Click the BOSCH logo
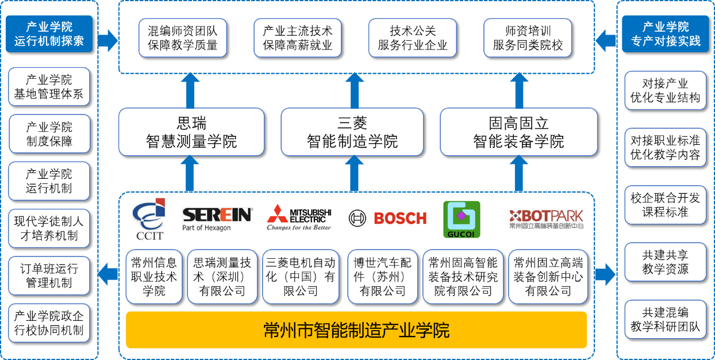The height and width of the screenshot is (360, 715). [x=387, y=218]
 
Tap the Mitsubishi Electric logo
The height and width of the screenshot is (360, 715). [x=298, y=216]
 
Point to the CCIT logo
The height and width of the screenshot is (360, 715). [x=148, y=219]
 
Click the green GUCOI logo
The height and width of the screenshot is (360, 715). [x=461, y=219]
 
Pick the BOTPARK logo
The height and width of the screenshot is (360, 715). [x=546, y=220]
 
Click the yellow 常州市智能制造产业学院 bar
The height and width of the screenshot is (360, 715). [x=356, y=330]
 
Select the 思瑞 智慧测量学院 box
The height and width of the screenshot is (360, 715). [x=191, y=132]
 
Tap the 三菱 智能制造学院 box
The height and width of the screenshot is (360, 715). [x=352, y=132]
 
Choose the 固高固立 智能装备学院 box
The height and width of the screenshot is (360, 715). [x=518, y=132]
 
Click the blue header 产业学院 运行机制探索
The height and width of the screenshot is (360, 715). [x=49, y=34]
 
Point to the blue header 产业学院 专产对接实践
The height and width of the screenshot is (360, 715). [x=666, y=34]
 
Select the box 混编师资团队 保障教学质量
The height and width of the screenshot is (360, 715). [x=183, y=38]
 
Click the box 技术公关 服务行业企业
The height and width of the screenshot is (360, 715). [x=413, y=38]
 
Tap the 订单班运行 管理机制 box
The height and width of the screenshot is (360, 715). [x=49, y=275]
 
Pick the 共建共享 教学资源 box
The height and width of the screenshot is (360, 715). [x=665, y=262]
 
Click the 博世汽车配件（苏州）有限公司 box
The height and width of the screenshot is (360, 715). [x=383, y=277]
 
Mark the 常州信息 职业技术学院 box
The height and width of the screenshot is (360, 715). [x=153, y=277]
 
